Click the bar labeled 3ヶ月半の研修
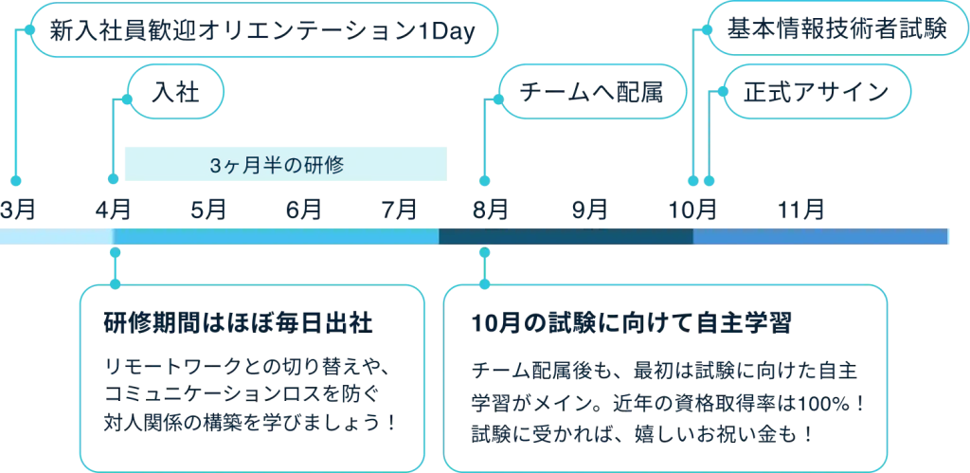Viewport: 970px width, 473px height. (284, 164)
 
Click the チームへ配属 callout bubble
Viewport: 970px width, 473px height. (592, 92)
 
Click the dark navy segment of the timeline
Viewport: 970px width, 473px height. (566, 237)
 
